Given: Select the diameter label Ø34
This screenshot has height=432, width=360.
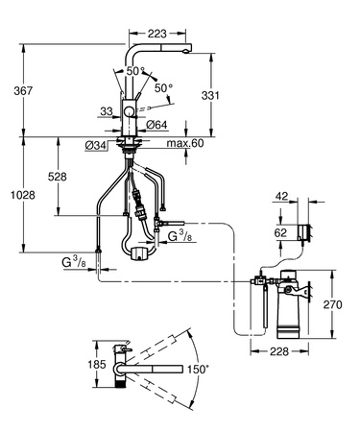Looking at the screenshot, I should [x=95, y=145].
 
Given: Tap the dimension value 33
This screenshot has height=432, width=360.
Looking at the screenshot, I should [x=106, y=112].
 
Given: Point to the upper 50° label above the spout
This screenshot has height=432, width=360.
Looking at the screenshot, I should [x=132, y=69].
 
